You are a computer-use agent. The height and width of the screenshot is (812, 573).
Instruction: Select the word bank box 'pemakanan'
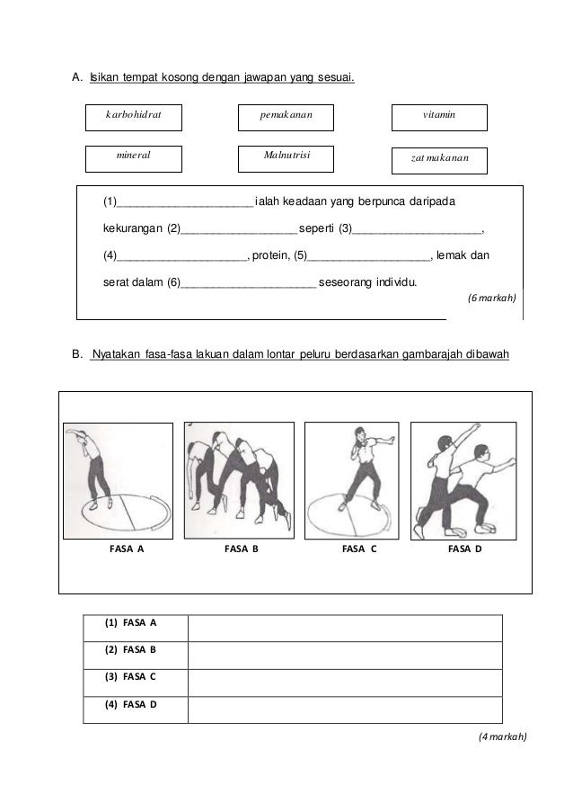[286, 118]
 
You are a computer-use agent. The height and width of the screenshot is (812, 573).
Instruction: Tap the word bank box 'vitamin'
[440, 118]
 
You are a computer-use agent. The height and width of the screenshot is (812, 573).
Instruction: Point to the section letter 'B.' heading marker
[76, 354]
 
